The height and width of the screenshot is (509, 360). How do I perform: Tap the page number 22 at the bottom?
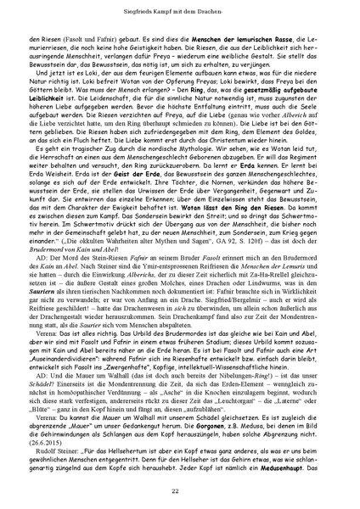pos(180,491)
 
